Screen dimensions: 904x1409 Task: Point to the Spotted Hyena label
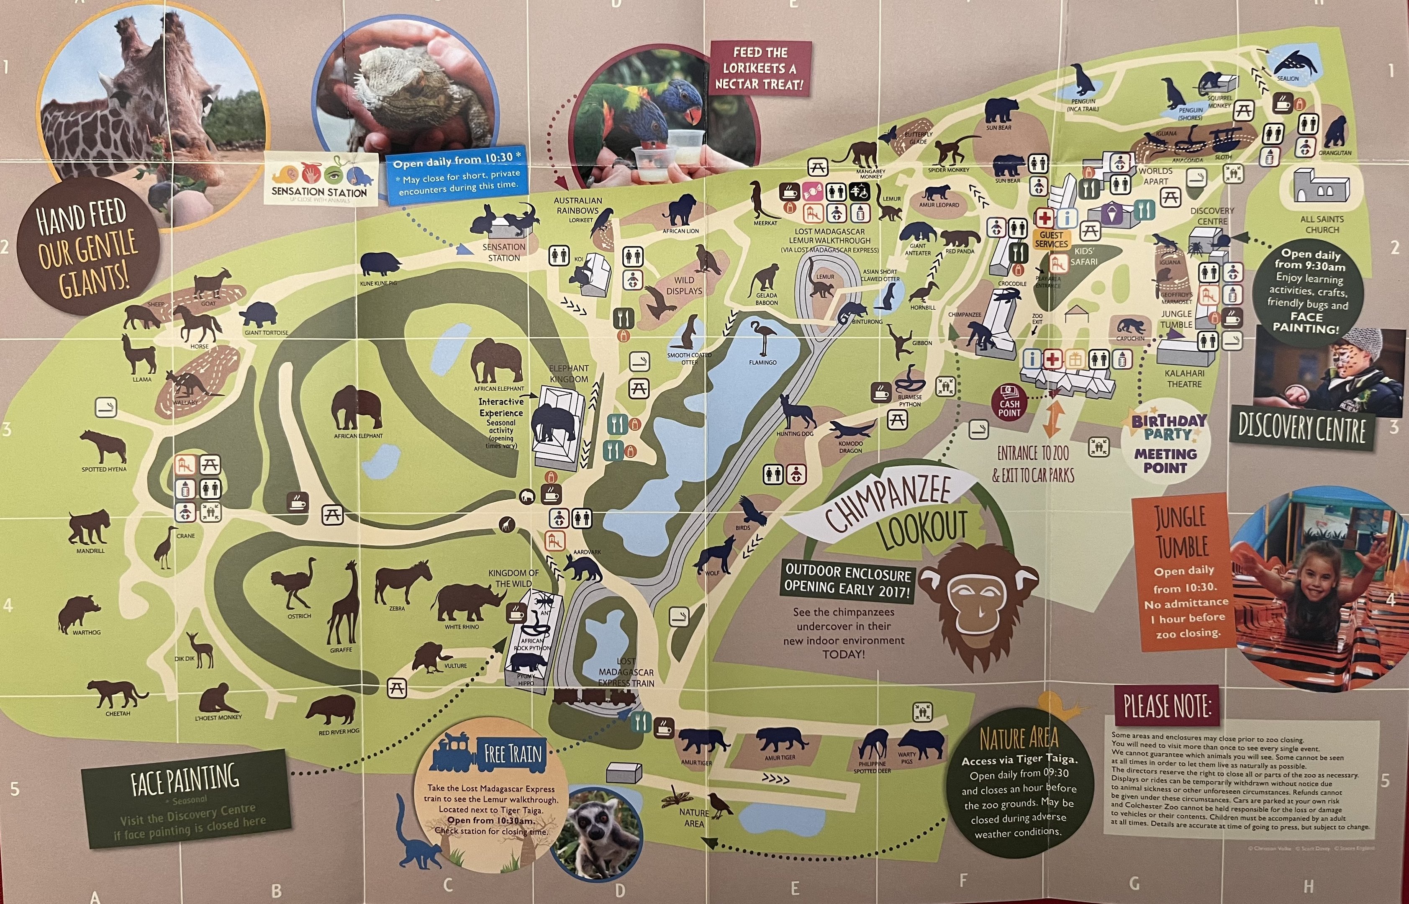104,470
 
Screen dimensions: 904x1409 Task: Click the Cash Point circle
1009,402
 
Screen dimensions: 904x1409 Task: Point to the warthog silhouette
79,614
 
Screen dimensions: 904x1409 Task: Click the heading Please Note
1167,706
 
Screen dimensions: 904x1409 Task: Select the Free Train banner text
512,753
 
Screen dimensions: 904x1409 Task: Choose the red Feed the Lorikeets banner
760,68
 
